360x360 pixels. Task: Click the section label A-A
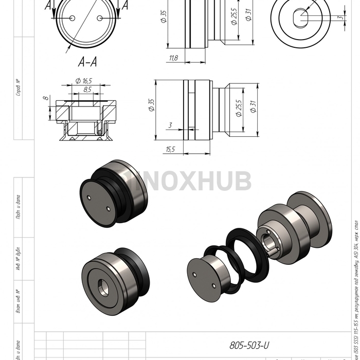pos(87,62)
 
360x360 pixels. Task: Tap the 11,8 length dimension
pos(173,58)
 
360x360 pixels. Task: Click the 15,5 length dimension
pos(171,149)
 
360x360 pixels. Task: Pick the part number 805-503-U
pos(249,345)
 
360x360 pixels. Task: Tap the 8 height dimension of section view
pos(45,97)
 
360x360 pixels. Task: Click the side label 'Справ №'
pos(19,87)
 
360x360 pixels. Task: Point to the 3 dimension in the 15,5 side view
pos(169,125)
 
